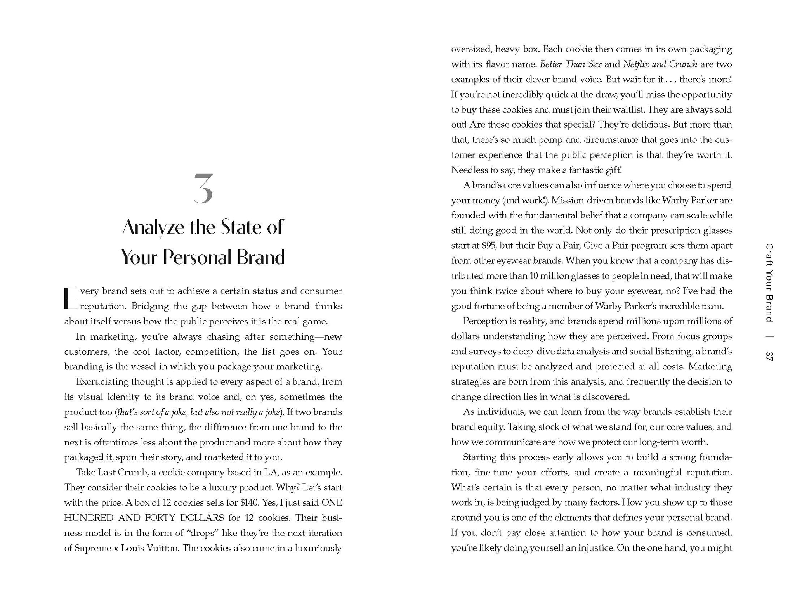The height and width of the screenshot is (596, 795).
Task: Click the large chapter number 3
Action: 203,189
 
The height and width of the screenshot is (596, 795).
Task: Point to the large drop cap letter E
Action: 71,298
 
